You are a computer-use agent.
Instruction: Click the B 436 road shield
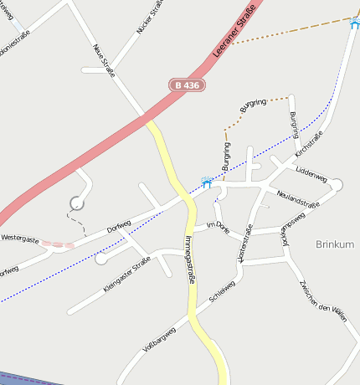tap(187, 85)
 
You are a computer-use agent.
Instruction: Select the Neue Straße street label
tap(105, 59)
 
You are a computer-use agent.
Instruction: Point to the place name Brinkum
tap(336, 244)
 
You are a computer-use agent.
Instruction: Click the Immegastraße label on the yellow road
tap(188, 259)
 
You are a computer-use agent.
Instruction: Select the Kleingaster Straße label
tap(126, 275)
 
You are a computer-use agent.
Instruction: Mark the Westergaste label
tap(20, 239)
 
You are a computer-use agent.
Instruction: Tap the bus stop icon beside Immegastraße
tap(207, 182)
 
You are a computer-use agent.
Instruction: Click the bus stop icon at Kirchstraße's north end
tap(355, 23)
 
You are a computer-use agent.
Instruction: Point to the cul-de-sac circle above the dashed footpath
tap(77, 202)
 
